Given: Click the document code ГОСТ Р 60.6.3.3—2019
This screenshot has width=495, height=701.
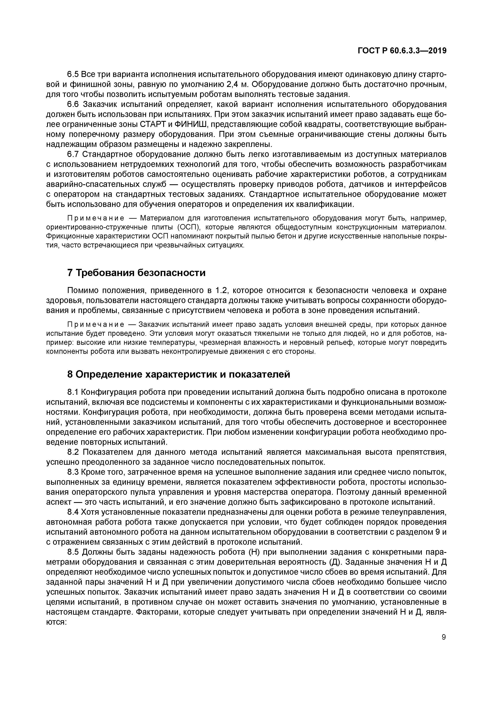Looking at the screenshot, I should tap(402, 51).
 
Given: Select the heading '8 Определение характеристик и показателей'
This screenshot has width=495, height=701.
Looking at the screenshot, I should tap(178, 374).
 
